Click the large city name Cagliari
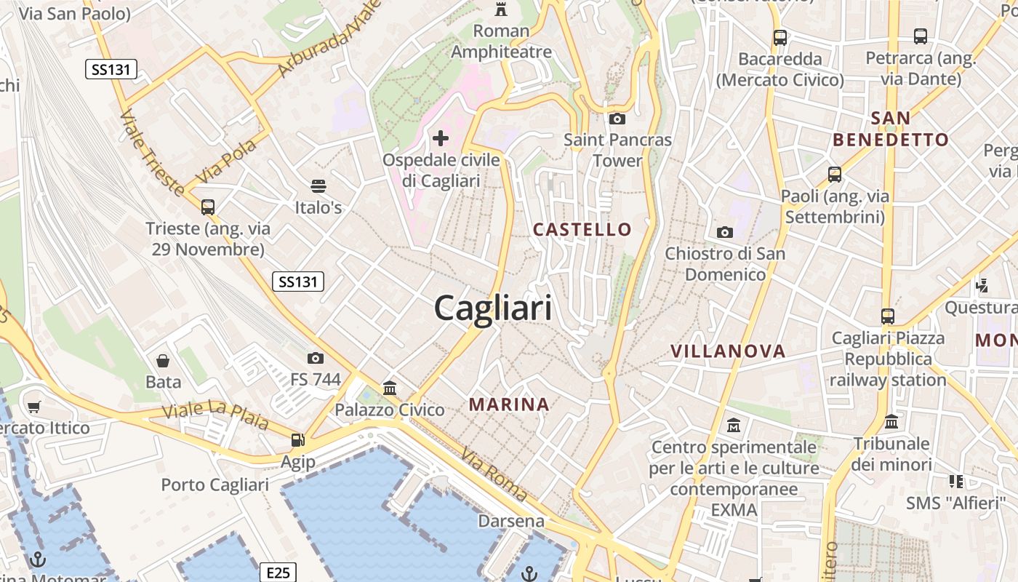point(493,308)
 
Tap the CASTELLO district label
point(582,229)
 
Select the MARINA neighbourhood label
point(509,404)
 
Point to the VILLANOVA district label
point(728,351)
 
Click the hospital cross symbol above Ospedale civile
point(441,137)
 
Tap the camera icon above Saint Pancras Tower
point(617,119)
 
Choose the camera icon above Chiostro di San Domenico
point(725,232)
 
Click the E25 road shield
point(278,573)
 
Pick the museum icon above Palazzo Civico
point(390,388)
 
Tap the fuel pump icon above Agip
point(297,439)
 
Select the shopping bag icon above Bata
point(163,360)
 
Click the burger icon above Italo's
point(318,186)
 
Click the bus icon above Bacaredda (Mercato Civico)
point(780,37)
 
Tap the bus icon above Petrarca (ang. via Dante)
point(920,36)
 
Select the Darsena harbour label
point(511,521)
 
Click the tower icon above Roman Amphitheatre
point(501,9)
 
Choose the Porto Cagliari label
point(215,485)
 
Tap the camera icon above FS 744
point(315,358)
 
